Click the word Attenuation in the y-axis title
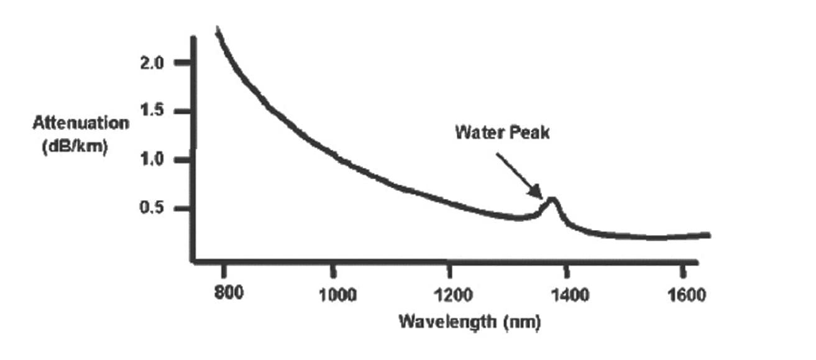81,122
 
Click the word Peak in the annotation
528,132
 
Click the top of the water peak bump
551,199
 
